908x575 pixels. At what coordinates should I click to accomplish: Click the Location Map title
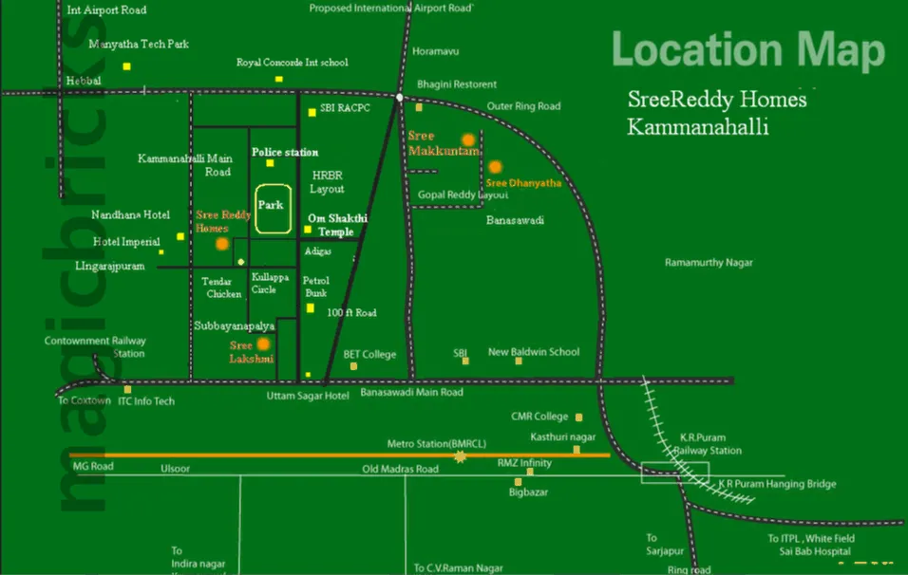click(747, 50)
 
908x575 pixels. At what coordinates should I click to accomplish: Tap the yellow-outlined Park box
click(273, 209)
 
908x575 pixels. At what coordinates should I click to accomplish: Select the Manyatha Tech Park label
click(139, 44)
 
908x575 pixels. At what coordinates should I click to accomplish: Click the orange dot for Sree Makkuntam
click(467, 139)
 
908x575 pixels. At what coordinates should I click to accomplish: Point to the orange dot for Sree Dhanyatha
click(495, 167)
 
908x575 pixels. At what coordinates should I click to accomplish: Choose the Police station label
click(285, 152)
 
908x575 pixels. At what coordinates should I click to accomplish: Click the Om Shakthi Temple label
click(331, 225)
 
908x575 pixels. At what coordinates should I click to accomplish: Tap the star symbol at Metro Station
click(461, 456)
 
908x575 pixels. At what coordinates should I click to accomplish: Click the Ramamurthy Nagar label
click(709, 262)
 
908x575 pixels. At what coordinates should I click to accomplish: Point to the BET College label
click(369, 354)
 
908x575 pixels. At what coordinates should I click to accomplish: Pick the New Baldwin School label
click(533, 352)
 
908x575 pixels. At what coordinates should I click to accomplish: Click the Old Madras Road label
click(401, 470)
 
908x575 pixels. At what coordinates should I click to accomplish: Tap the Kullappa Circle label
click(264, 283)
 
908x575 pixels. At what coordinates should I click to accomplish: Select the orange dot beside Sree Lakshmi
click(263, 344)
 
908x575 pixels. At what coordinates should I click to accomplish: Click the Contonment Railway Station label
click(95, 346)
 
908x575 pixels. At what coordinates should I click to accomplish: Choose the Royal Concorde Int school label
click(292, 63)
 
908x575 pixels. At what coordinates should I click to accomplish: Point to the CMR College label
click(539, 417)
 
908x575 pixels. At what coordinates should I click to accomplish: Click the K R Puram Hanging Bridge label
click(777, 484)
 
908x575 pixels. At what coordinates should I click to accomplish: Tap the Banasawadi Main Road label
click(411, 393)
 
